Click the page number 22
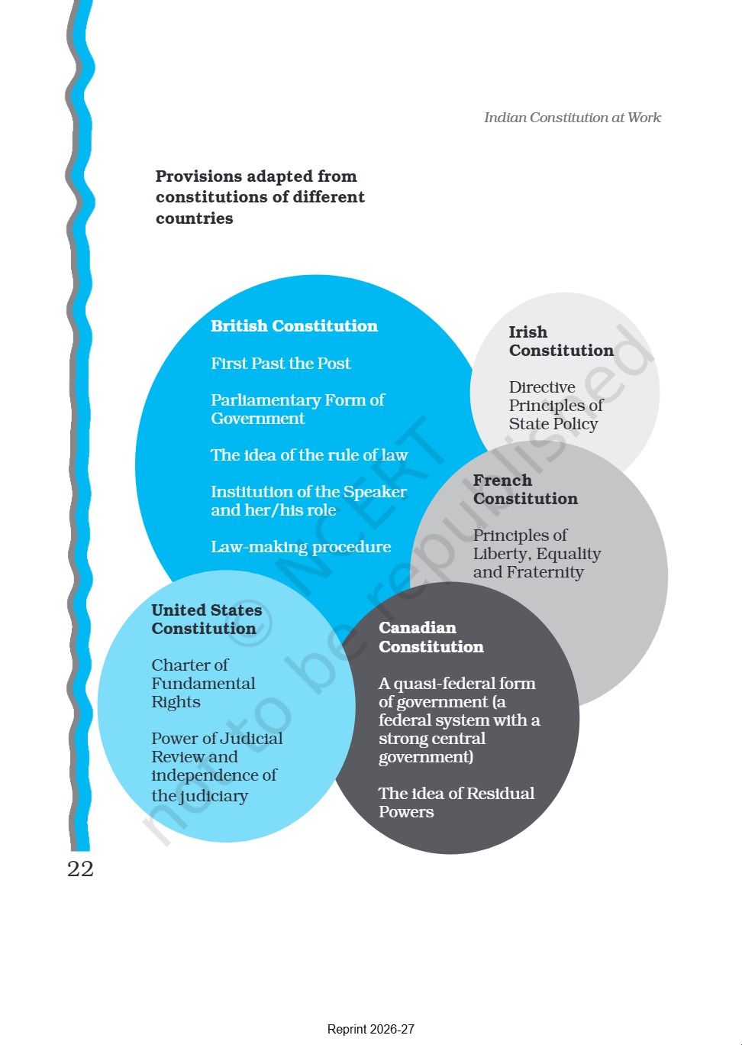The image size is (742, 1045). point(80,869)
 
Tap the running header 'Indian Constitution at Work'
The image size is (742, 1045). point(573,118)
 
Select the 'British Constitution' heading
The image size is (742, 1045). point(294,325)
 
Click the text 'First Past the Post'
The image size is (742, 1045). point(281,363)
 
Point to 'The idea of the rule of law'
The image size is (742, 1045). point(309,455)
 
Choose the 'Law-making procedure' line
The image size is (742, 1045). point(301,547)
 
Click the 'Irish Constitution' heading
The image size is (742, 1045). point(561,341)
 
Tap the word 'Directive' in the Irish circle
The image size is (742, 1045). point(542,387)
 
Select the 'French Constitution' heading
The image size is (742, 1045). point(525,489)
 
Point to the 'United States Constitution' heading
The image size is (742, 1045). point(206,619)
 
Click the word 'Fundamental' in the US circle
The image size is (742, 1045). point(203,684)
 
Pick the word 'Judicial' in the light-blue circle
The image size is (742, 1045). point(250,738)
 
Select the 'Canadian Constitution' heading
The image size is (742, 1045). point(431,637)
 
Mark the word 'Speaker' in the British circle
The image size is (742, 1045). point(375,492)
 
